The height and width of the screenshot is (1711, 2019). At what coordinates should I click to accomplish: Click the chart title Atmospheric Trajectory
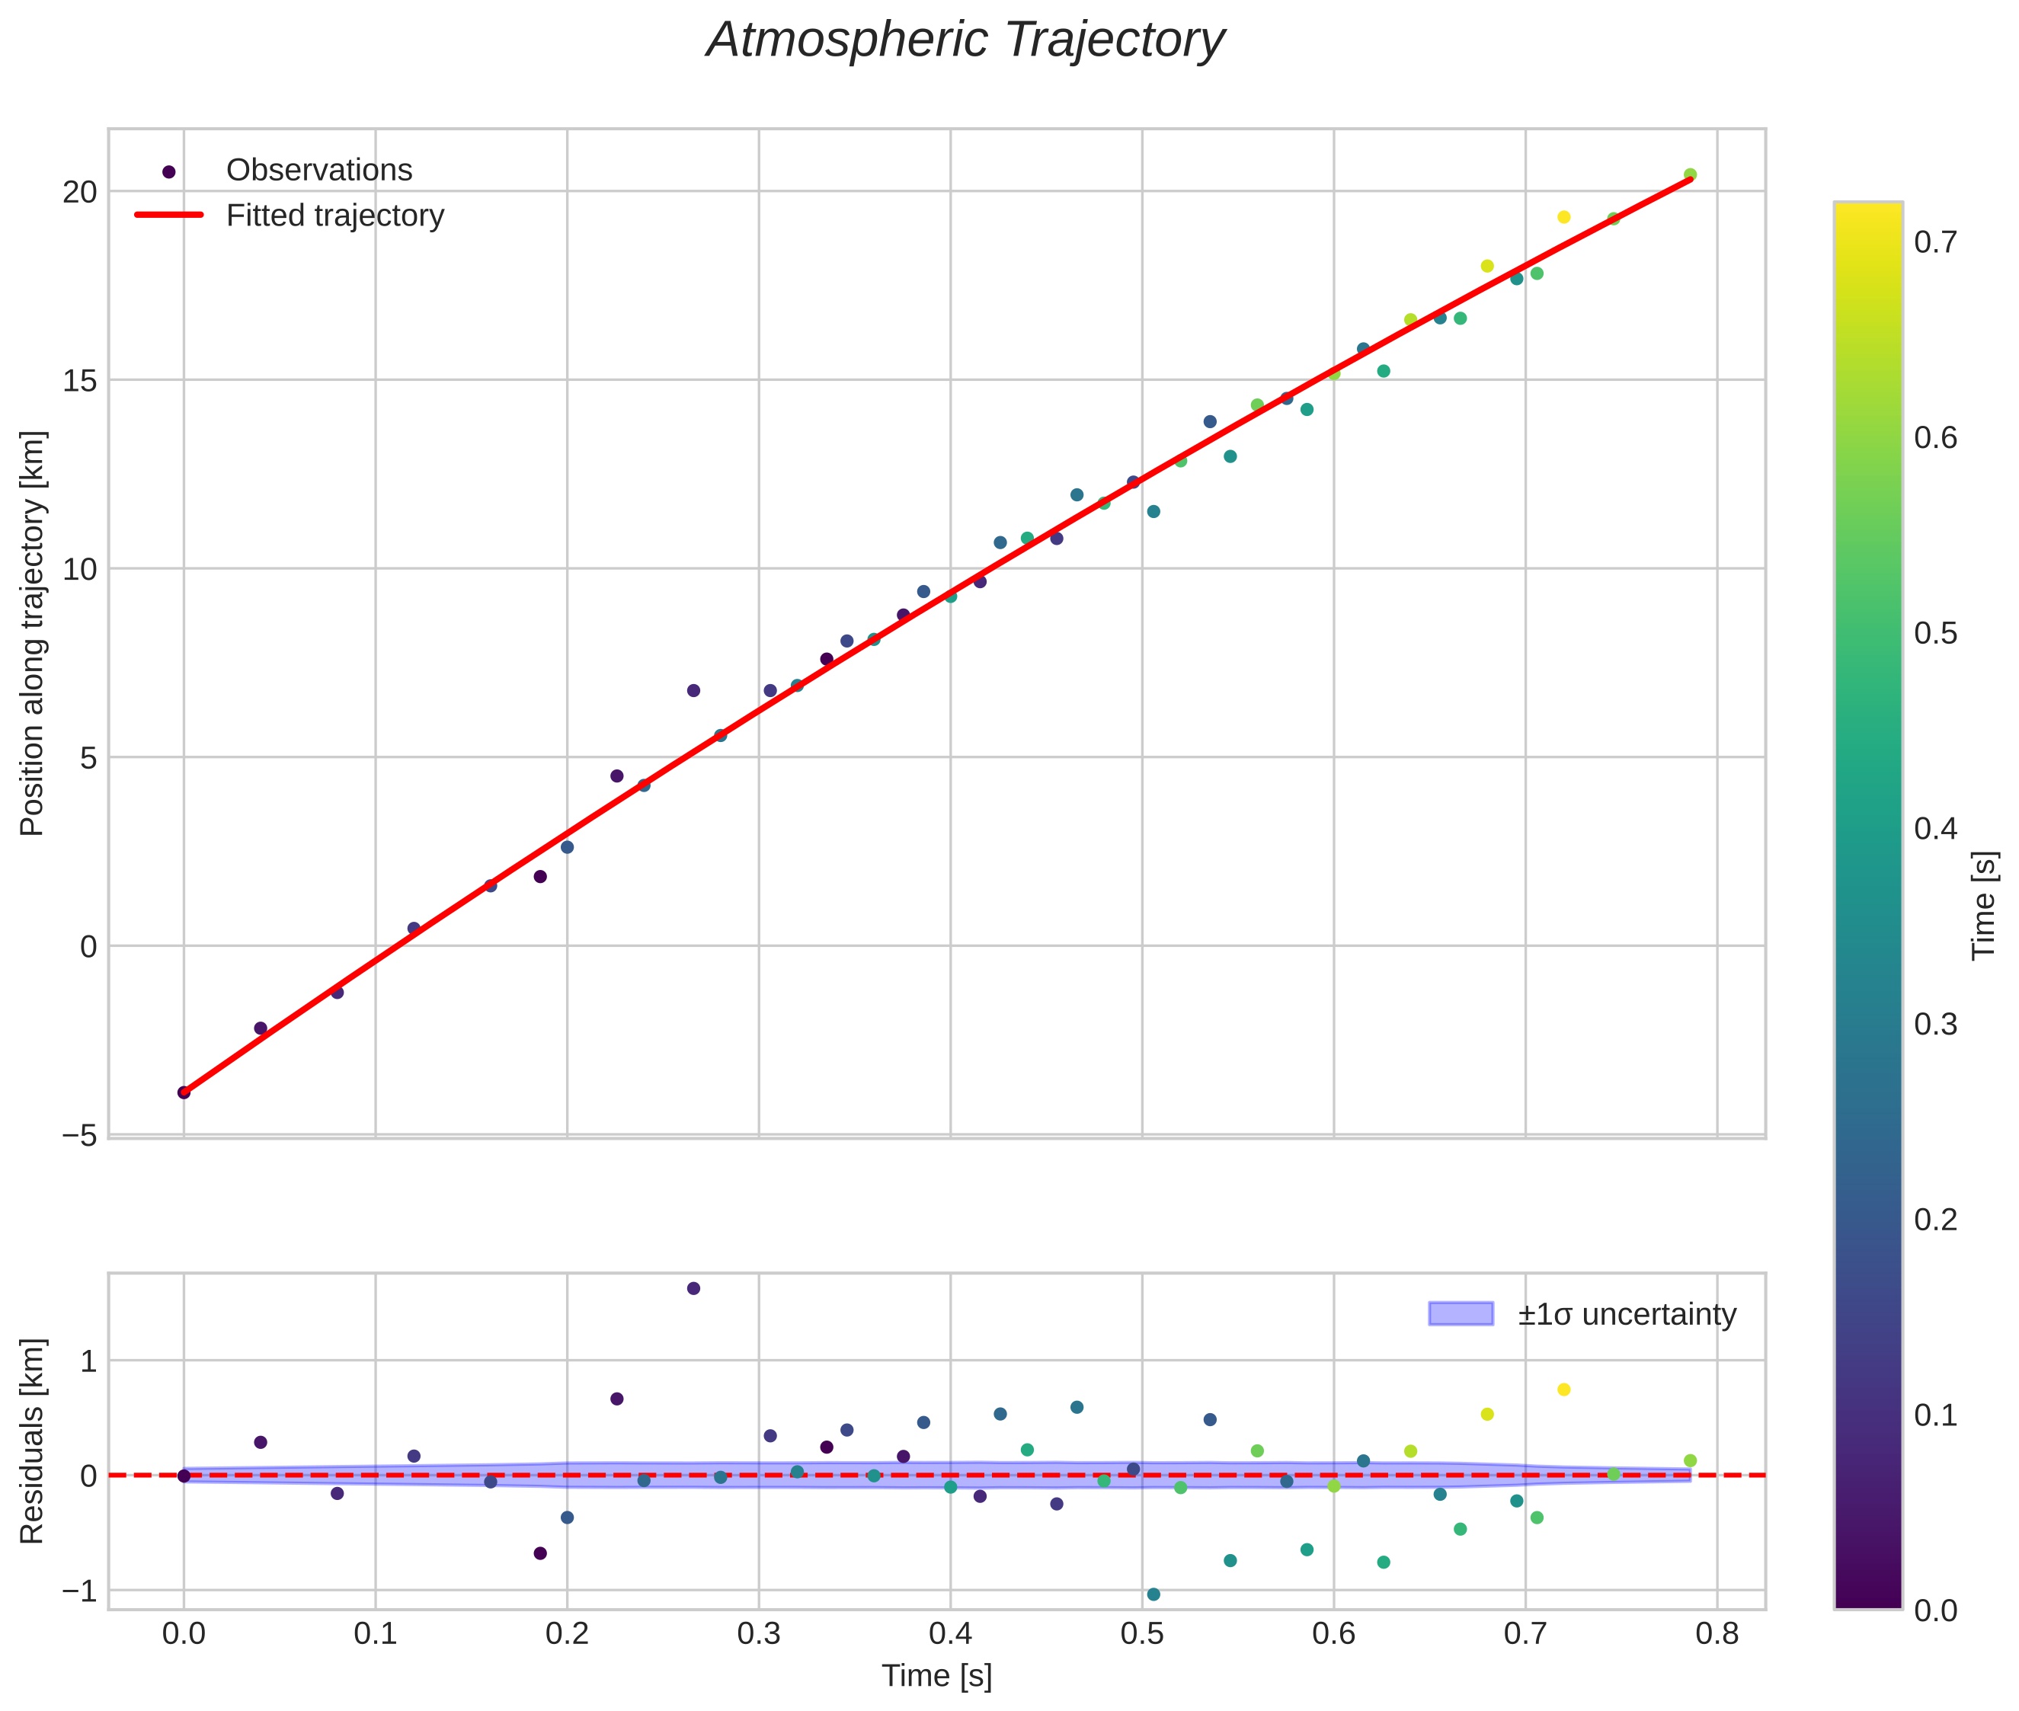pyautogui.click(x=965, y=40)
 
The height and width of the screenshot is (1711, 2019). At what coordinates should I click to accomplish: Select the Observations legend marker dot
pyautogui.click(x=169, y=171)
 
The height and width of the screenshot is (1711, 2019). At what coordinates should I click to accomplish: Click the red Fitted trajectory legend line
pyautogui.click(x=169, y=214)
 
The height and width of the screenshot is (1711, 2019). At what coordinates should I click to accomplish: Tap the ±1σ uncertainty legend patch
pyautogui.click(x=1461, y=1314)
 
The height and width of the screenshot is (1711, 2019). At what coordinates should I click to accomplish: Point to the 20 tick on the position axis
pyautogui.click(x=82, y=192)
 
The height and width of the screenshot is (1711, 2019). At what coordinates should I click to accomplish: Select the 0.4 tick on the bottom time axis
pyautogui.click(x=950, y=1634)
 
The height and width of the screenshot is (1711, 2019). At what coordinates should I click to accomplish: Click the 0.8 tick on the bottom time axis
pyautogui.click(x=1717, y=1634)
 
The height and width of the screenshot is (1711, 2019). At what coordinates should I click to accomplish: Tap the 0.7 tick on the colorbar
pyautogui.click(x=1935, y=241)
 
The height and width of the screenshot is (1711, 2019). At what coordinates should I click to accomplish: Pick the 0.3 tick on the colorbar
pyautogui.click(x=1935, y=1025)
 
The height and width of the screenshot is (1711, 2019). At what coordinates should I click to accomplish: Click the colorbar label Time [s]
pyautogui.click(x=1985, y=905)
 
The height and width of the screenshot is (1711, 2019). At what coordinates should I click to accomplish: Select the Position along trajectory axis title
pyautogui.click(x=32, y=632)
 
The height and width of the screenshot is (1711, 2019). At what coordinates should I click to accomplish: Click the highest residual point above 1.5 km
pyautogui.click(x=693, y=1288)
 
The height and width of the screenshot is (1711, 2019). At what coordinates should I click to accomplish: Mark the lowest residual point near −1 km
pyautogui.click(x=1153, y=1594)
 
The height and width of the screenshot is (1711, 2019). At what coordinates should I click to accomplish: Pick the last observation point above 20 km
pyautogui.click(x=1690, y=174)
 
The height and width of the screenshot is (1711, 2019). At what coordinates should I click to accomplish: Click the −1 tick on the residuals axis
pyautogui.click(x=82, y=1591)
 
